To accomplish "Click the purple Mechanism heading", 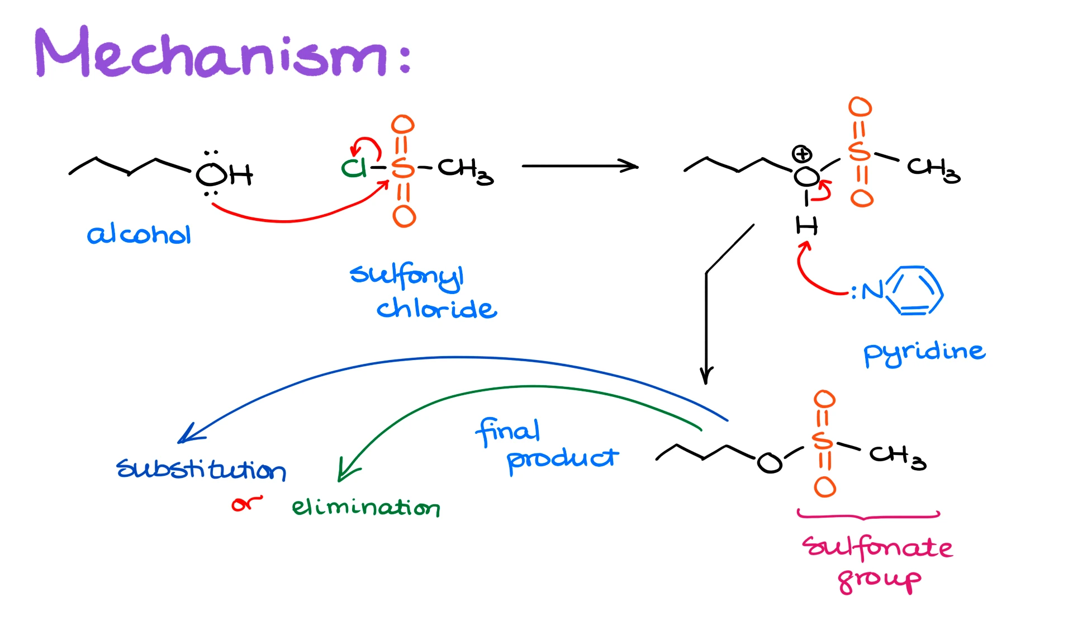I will click(224, 53).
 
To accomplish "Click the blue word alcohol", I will click(139, 235).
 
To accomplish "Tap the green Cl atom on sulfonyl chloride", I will click(353, 168).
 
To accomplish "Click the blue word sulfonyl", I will click(407, 275).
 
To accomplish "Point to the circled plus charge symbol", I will click(802, 154).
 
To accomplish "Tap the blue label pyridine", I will click(924, 352).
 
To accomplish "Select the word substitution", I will click(201, 470).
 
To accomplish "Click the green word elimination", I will click(366, 508).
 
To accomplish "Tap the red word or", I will click(246, 504).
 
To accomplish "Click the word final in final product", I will click(507, 432).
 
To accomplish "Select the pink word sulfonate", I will click(877, 547).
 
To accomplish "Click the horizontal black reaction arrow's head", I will click(632, 166).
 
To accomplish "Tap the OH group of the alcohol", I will click(224, 175).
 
